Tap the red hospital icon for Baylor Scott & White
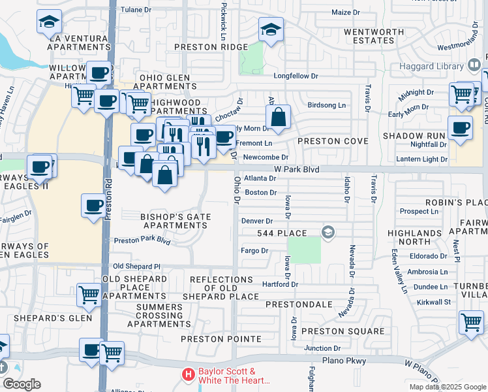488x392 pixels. pyautogui.click(x=189, y=375)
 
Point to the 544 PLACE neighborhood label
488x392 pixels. pyautogui.click(x=282, y=233)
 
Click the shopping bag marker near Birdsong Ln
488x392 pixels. pyautogui.click(x=278, y=118)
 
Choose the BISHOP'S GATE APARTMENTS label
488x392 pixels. pyautogui.click(x=174, y=221)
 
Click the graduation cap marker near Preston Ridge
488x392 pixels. pyautogui.click(x=271, y=29)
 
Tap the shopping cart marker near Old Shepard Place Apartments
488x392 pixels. pyautogui.click(x=89, y=295)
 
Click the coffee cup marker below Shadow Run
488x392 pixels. pyautogui.click(x=460, y=127)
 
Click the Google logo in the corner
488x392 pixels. pyautogui.click(x=22, y=384)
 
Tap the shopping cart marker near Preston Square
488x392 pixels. pyautogui.click(x=470, y=322)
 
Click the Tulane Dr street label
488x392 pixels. pyautogui.click(x=140, y=10)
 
